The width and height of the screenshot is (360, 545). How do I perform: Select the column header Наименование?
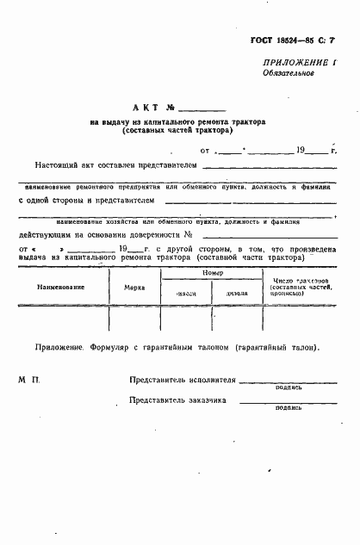pyautogui.click(x=60, y=286)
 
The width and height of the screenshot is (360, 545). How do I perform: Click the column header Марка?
pyautogui.click(x=134, y=286)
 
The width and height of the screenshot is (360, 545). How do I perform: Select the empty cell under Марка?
pyautogui.click(x=134, y=319)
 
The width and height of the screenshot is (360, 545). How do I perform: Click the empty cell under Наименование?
pyautogui.click(x=60, y=319)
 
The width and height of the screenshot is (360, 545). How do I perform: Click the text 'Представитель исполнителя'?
pyautogui.click(x=182, y=379)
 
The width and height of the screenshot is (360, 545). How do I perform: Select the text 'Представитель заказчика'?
pyautogui.click(x=177, y=400)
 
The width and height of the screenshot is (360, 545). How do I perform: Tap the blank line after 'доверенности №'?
pyautogui.click(x=267, y=236)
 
